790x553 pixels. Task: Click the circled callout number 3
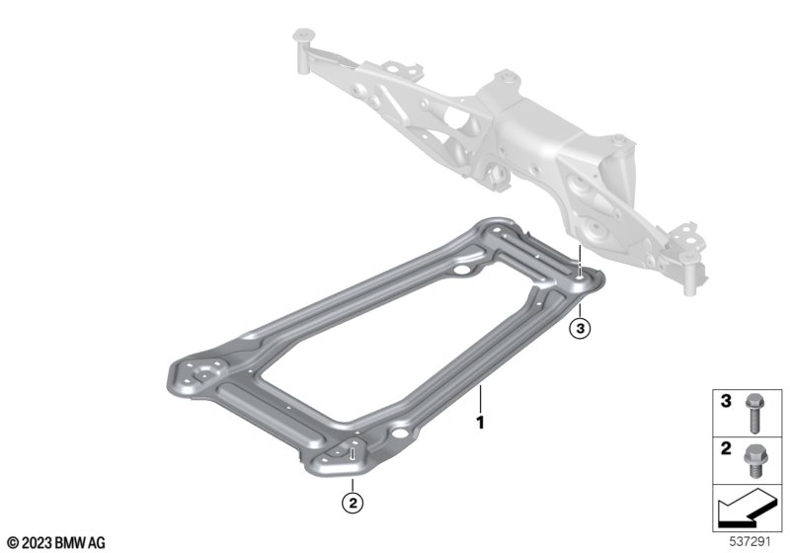580,329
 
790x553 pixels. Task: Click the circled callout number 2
353,502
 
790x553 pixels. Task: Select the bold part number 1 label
481,422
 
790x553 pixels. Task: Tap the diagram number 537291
750,542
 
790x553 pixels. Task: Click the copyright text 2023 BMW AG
56,542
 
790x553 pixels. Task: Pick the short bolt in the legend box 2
753,461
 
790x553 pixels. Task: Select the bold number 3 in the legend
726,401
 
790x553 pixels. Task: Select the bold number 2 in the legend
726,448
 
